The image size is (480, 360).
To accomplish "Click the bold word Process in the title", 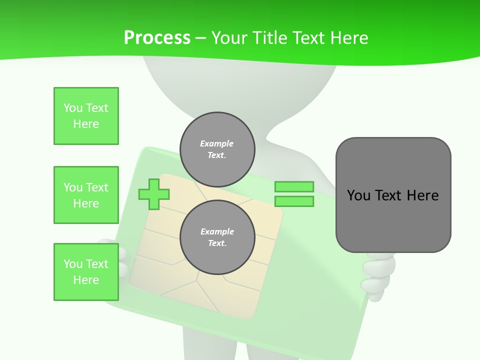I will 157,37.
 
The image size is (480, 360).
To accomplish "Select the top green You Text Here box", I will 86,116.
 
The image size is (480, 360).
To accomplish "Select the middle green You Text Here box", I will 86,195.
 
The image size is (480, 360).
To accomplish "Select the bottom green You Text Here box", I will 86,272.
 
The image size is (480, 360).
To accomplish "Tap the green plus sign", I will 154,193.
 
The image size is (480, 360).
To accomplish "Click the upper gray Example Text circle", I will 217,149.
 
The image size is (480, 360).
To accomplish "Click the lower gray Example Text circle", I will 217,237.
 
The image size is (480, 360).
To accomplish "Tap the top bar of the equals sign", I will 294,187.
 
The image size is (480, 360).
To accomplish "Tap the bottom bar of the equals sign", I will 294,201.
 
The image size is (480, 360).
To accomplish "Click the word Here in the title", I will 348,37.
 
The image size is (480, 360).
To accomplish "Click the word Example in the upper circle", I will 216,143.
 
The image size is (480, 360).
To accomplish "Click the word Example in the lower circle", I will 217,231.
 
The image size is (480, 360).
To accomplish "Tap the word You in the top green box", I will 72,108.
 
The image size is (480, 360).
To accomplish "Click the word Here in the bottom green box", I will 86,280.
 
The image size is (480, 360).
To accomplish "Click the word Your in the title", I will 229,37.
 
